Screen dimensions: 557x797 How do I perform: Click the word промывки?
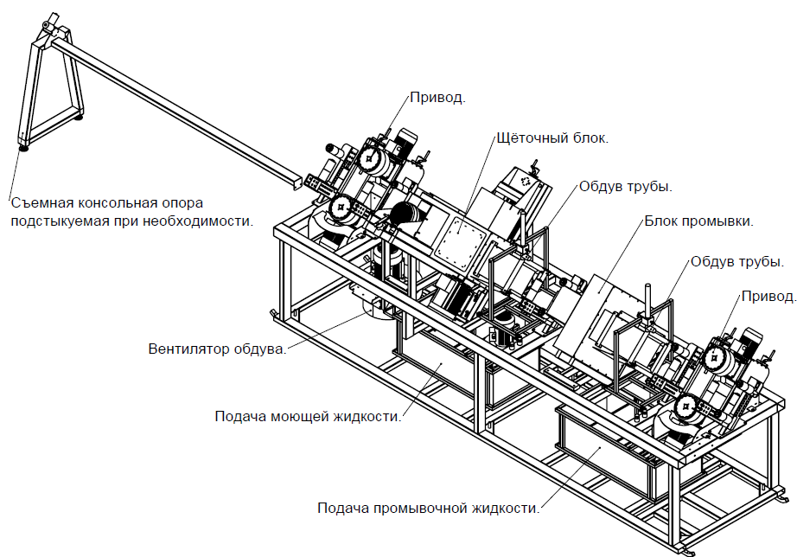click(x=719, y=221)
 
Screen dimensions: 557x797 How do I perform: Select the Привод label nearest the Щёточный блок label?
click(x=437, y=98)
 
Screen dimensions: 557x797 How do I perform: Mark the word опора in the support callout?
click(x=179, y=204)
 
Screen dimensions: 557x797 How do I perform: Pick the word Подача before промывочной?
click(x=343, y=509)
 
